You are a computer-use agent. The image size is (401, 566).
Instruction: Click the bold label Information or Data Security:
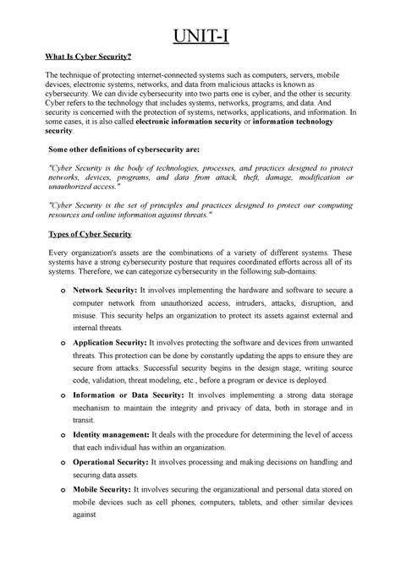point(129,395)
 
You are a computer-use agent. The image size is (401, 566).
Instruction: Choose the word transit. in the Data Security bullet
point(86,421)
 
